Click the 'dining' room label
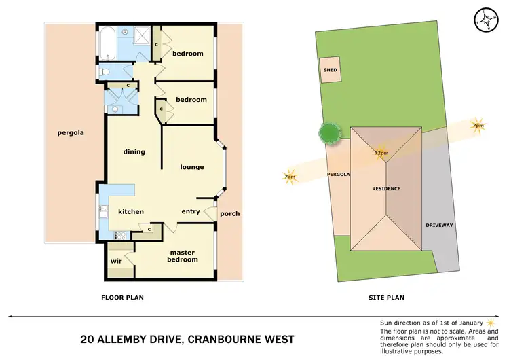coord(134,151)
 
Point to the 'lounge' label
coord(192,166)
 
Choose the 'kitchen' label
coord(131,211)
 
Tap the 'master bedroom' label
coord(183,255)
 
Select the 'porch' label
coord(230,213)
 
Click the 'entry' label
coord(191,211)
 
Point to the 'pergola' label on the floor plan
coord(70,133)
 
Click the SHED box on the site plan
coord(331,70)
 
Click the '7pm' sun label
coord(478,126)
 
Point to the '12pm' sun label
coord(381,153)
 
